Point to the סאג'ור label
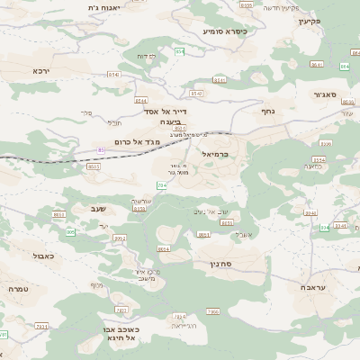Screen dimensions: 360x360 tap(324, 94)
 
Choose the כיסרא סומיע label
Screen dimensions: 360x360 tap(224, 31)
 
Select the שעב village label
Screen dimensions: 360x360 tap(98, 209)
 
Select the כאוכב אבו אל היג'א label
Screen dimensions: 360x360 tap(119, 333)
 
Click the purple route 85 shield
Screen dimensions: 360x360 tap(102, 148)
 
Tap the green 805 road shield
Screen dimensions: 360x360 tap(70, 232)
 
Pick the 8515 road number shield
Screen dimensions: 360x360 tap(94, 166)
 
